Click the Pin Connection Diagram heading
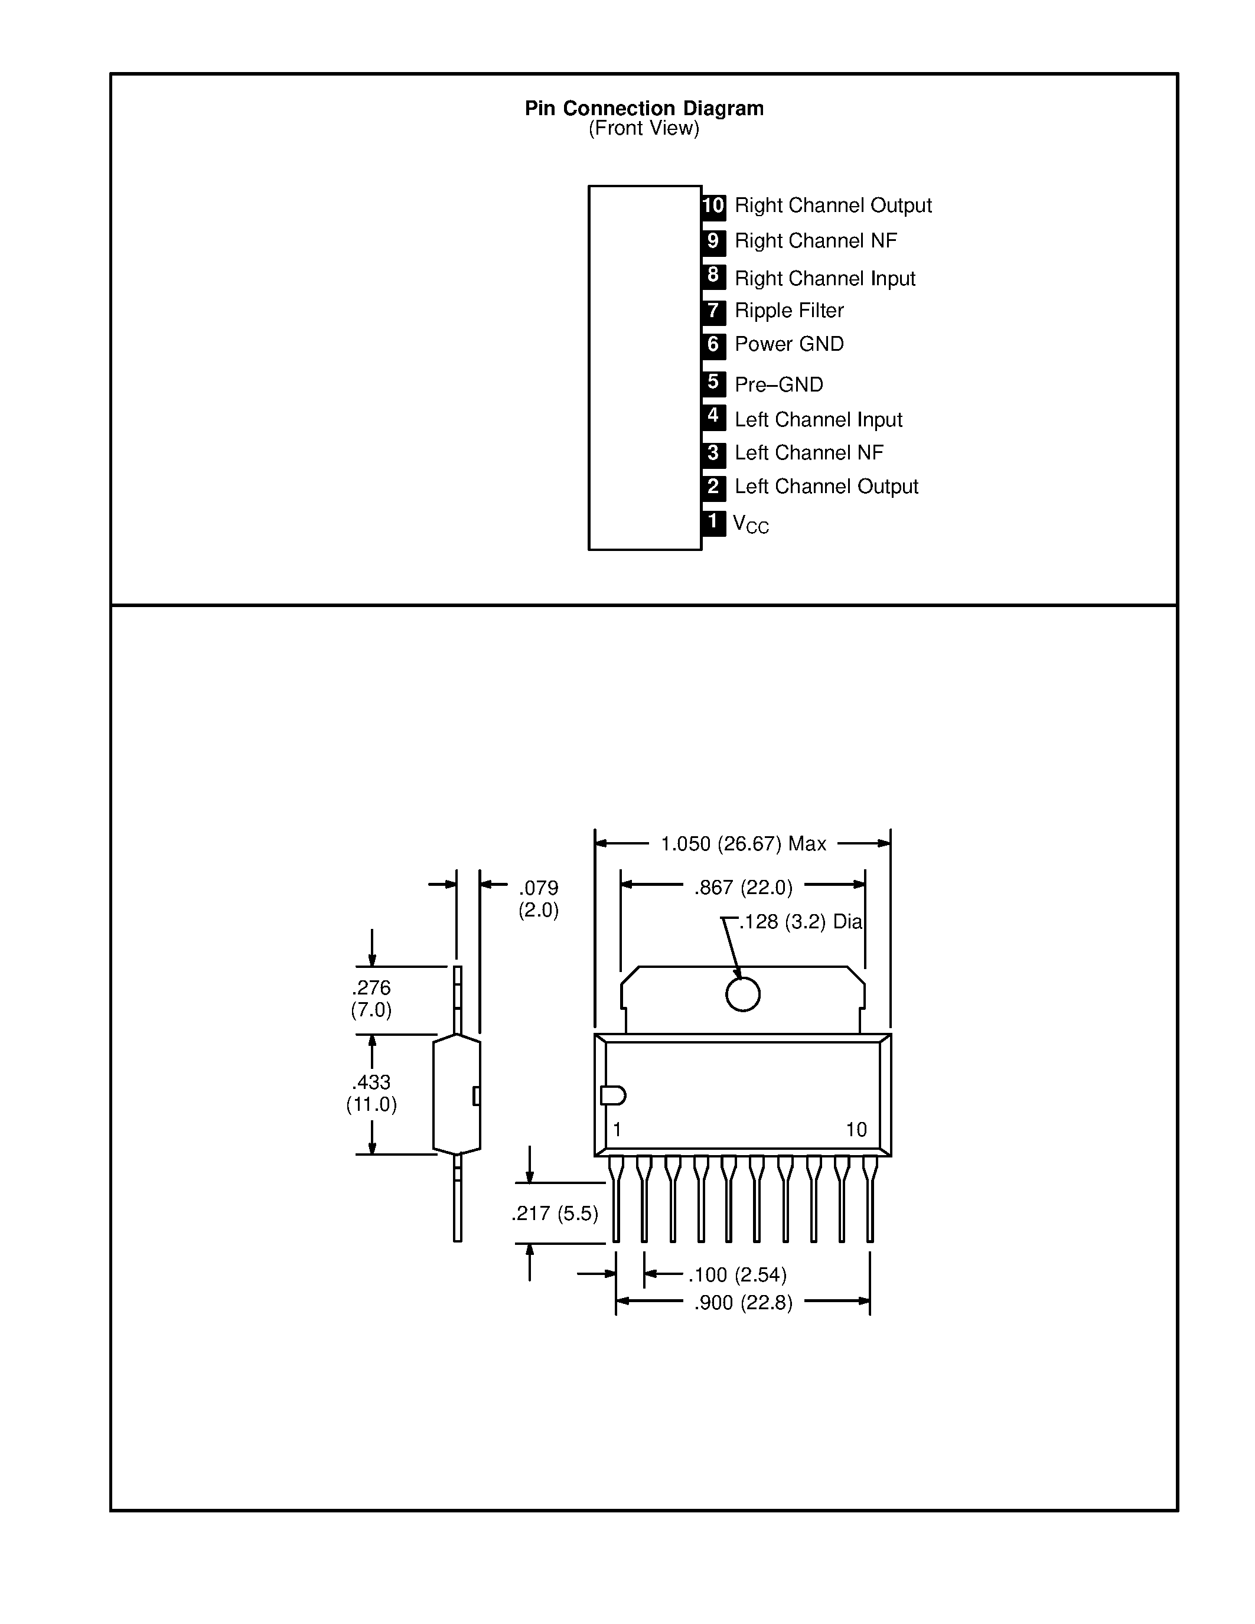coord(644,109)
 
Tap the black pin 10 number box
coord(713,206)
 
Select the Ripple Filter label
coord(789,311)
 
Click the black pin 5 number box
coord(713,383)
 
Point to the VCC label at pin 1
coord(750,524)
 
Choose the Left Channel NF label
coord(809,453)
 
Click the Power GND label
coord(789,344)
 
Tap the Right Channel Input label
coord(824,279)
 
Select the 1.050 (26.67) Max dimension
coord(743,844)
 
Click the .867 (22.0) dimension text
coord(743,888)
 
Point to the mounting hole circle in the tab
coord(743,994)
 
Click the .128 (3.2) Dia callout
coord(800,922)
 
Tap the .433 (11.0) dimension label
coord(371,1093)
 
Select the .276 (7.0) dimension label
coord(371,999)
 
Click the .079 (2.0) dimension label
coord(538,899)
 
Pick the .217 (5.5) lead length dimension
coord(555,1214)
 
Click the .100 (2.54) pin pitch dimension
coord(737,1275)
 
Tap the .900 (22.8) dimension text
coord(743,1303)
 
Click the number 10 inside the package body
coord(856,1130)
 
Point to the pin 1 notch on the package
coord(612,1095)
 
